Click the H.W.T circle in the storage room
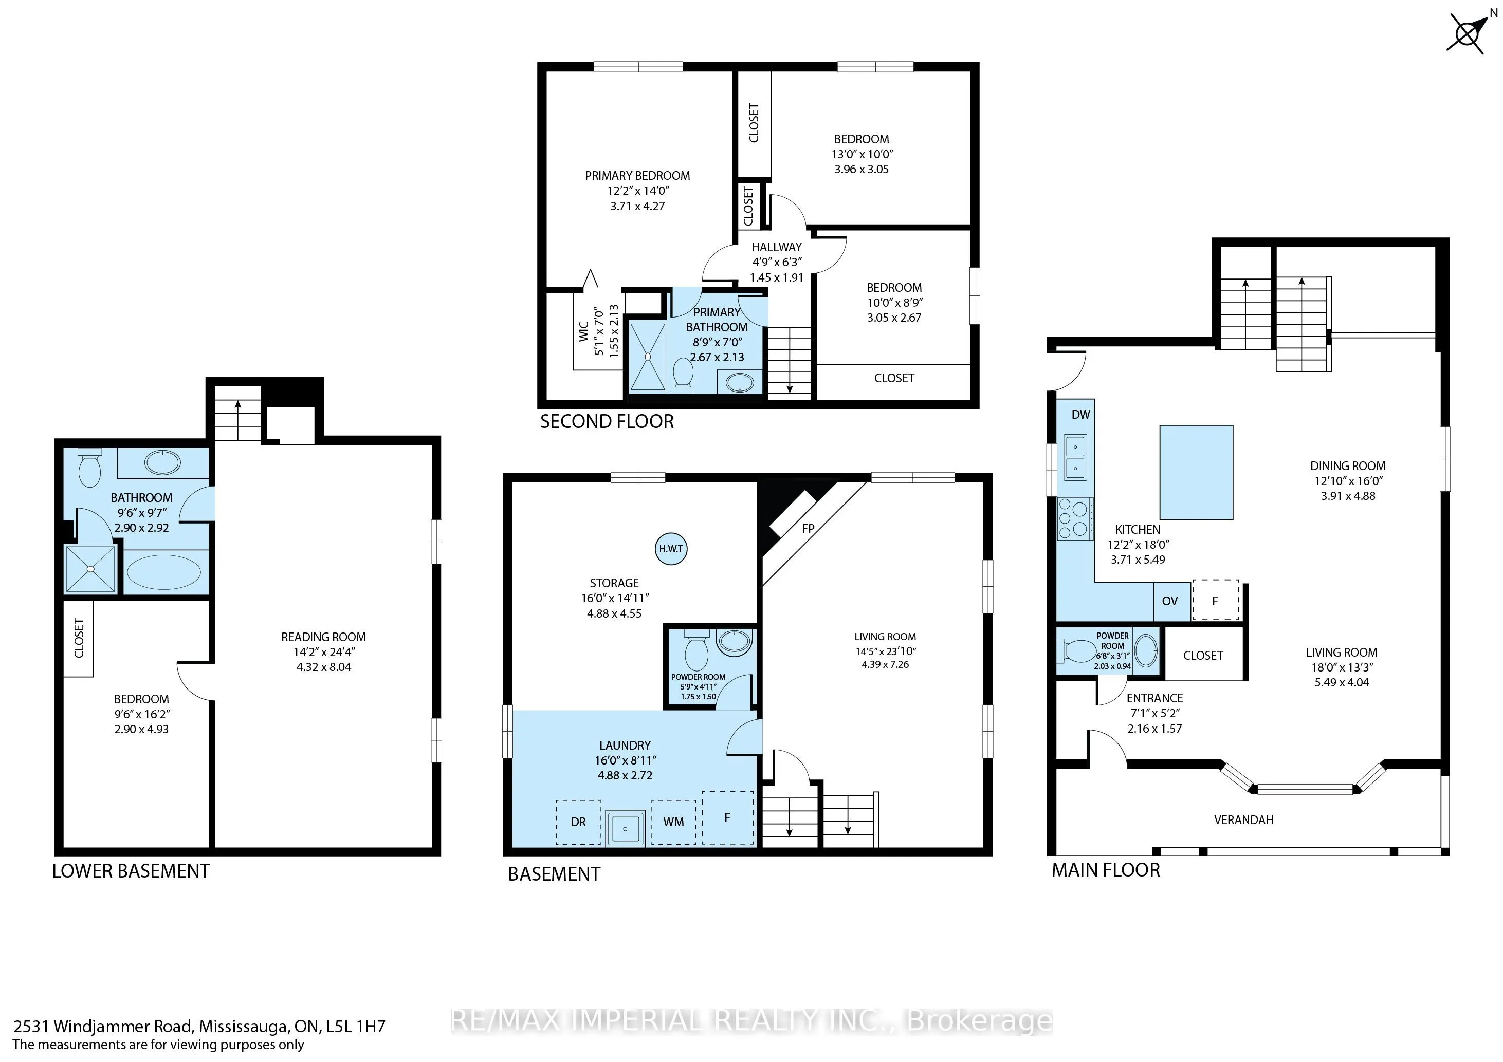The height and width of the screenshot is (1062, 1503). coord(671,548)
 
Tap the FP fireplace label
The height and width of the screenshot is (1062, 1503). coord(808,528)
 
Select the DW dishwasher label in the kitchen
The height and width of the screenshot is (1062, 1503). coord(1081,414)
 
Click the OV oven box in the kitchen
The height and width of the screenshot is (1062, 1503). coord(1170,601)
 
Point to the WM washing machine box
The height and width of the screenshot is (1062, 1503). coord(673,822)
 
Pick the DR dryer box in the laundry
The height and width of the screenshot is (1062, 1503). coord(578,822)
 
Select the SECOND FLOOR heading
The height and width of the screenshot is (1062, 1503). coord(607,421)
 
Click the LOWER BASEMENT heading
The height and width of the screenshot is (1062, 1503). coord(131,871)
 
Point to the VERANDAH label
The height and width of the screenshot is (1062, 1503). coord(1244,820)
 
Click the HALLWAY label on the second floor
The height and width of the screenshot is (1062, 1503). coord(776,247)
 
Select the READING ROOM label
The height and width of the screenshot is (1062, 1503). coord(323,637)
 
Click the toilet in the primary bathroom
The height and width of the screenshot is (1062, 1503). coord(683,376)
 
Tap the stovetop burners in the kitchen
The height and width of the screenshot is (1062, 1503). coord(1074,518)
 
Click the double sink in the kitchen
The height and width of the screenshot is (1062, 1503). coord(1075,457)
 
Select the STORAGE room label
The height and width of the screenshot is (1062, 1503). coord(614,582)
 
